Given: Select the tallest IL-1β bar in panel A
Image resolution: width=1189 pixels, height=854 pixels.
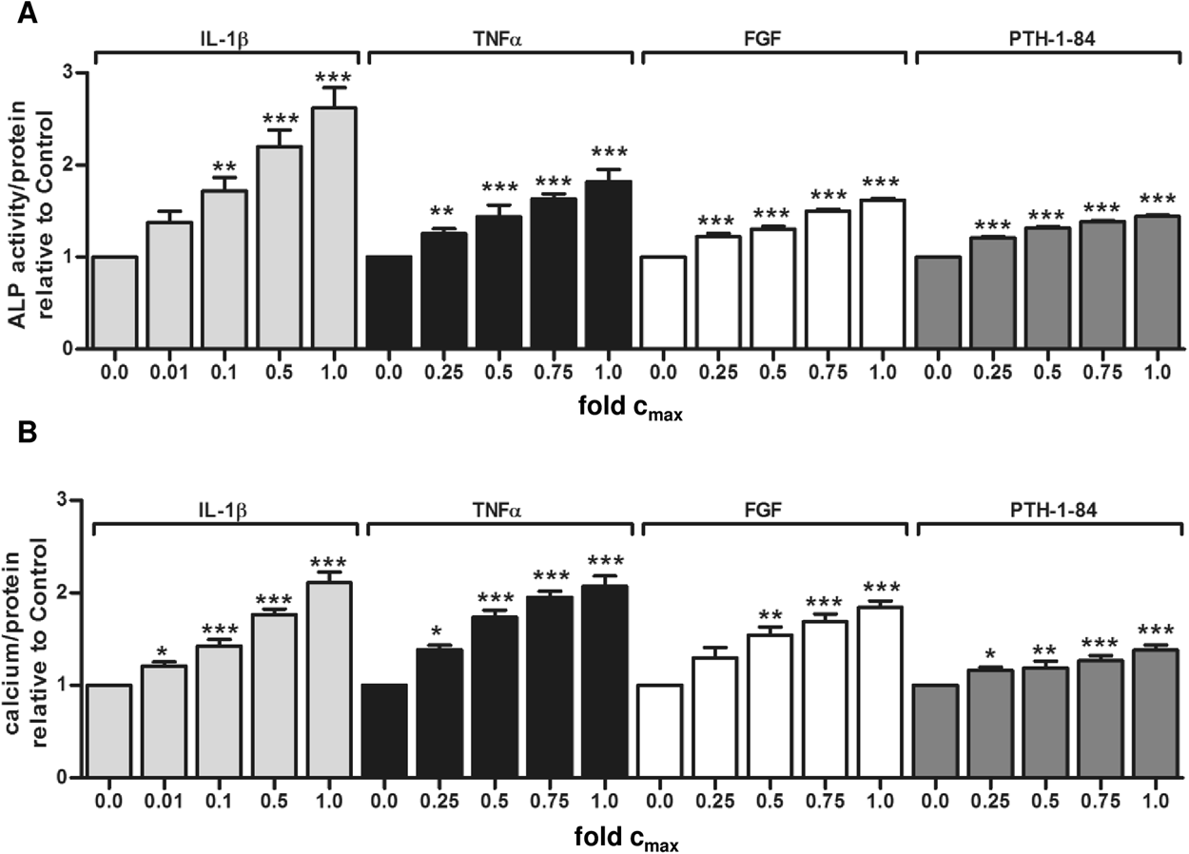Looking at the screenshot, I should point(335,228).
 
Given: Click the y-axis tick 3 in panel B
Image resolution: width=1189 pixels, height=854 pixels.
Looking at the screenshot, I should point(64,500).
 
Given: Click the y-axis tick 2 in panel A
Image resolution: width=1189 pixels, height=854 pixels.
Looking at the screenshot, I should point(64,165).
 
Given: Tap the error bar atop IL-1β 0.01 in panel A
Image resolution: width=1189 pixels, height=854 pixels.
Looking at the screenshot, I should point(169,214).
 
